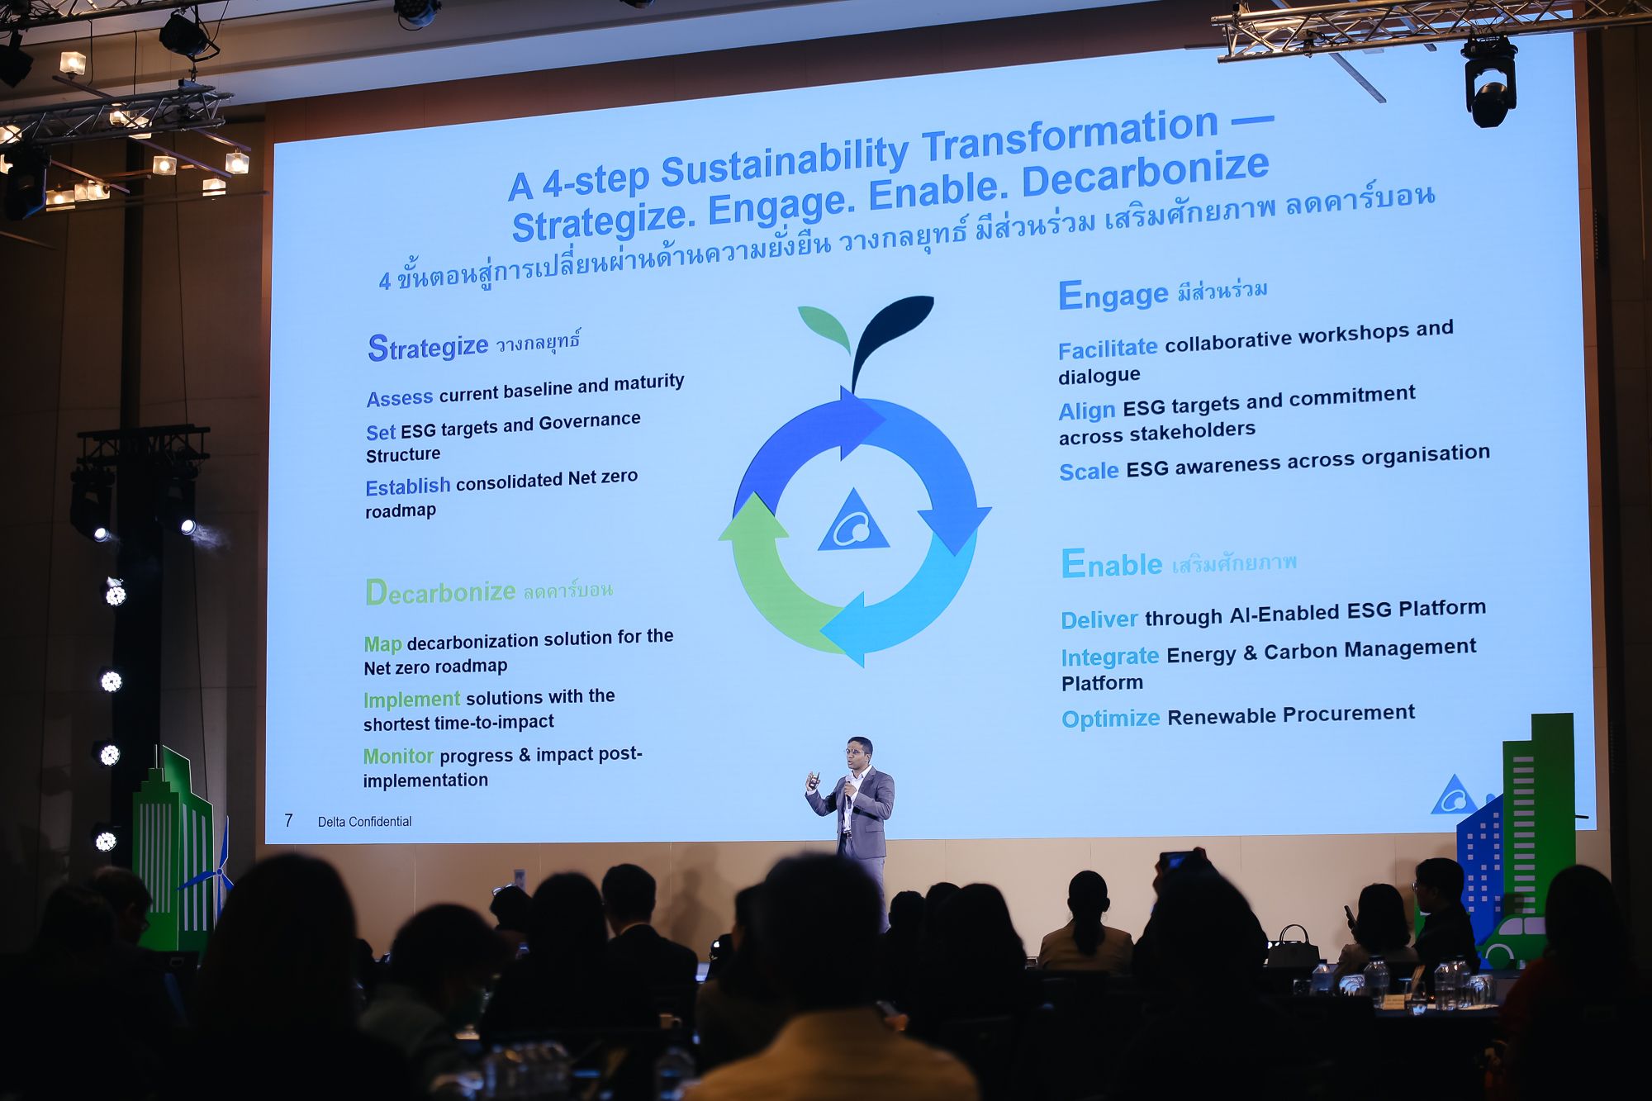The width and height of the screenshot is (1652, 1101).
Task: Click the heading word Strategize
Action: coord(428,347)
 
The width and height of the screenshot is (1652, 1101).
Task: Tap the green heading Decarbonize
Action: coord(441,592)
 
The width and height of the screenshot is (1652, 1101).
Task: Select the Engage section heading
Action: coord(1113,295)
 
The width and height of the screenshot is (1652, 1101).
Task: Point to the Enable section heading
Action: coord(1112,563)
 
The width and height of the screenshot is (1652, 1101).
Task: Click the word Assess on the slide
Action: coord(400,398)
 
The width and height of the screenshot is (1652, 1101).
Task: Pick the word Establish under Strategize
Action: coord(408,486)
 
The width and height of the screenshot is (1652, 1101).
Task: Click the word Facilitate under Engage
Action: coord(1108,349)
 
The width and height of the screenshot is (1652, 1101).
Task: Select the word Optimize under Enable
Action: coord(1111,719)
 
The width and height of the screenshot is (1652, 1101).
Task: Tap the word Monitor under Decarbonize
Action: coord(398,756)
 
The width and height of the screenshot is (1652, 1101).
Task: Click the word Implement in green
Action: coord(412,700)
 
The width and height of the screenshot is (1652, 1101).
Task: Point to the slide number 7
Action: coord(288,820)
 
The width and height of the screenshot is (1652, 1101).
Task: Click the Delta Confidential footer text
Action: coord(364,821)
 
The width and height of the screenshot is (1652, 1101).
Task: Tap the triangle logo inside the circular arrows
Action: coord(853,522)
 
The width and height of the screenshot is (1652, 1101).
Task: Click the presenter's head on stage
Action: coord(860,752)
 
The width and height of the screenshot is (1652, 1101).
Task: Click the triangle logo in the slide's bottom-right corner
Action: coord(1455,795)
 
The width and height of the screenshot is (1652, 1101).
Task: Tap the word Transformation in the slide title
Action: coord(1070,134)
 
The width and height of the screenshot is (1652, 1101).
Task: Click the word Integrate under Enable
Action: coord(1110,657)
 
